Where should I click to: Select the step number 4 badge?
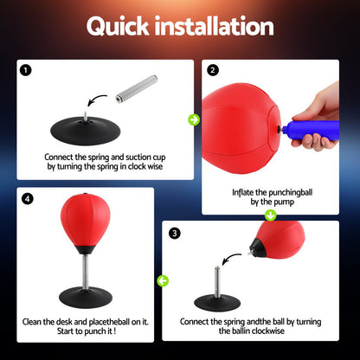point(28,198)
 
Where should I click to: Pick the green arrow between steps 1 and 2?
point(196,119)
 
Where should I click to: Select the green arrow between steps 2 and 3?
point(269,215)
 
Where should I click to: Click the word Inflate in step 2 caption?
point(245,192)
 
